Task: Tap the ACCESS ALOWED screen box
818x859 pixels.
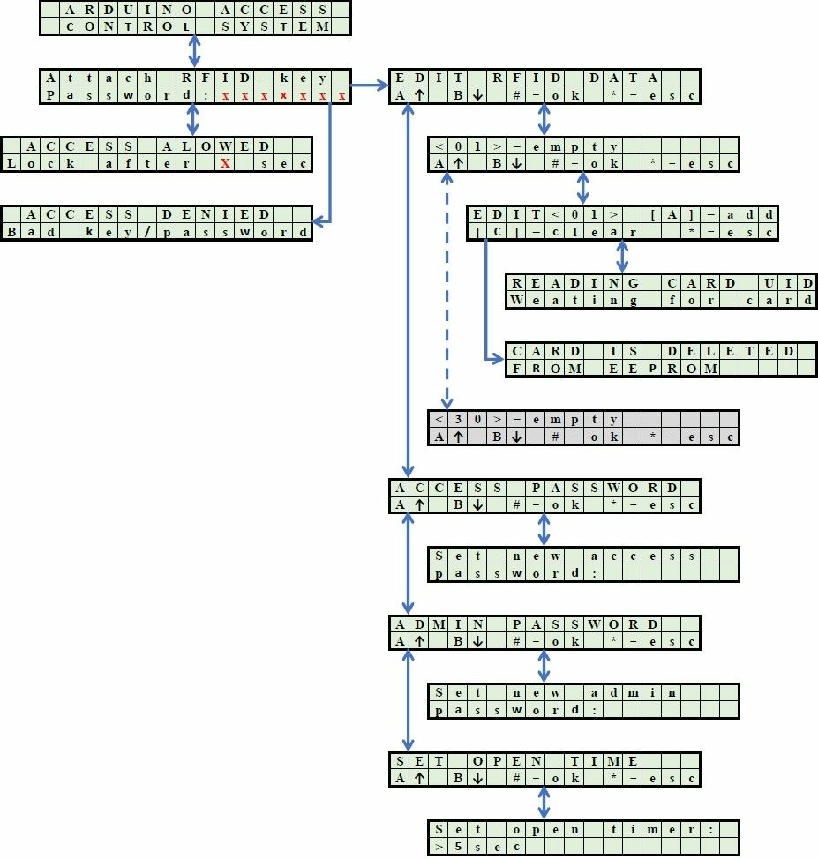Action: [x=157, y=154]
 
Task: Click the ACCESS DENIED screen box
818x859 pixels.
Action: [x=157, y=223]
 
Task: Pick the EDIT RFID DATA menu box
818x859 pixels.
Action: [x=544, y=86]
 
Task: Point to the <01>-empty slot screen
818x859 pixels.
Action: [x=583, y=154]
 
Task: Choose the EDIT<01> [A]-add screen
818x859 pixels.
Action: [x=622, y=223]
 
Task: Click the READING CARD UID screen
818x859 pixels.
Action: [x=661, y=291]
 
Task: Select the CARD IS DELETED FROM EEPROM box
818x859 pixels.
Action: [x=661, y=360]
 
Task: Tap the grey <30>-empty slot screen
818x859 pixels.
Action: [x=583, y=428]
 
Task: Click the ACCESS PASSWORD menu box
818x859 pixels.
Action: [x=544, y=497]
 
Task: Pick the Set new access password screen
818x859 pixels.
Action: [x=583, y=564]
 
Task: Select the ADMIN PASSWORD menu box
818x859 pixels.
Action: [x=544, y=633]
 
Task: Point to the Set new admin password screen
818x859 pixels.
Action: [x=583, y=701]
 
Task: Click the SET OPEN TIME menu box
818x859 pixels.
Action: [x=544, y=770]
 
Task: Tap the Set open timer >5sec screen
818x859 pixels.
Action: [x=583, y=838]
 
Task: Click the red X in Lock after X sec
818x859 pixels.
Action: [x=225, y=163]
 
